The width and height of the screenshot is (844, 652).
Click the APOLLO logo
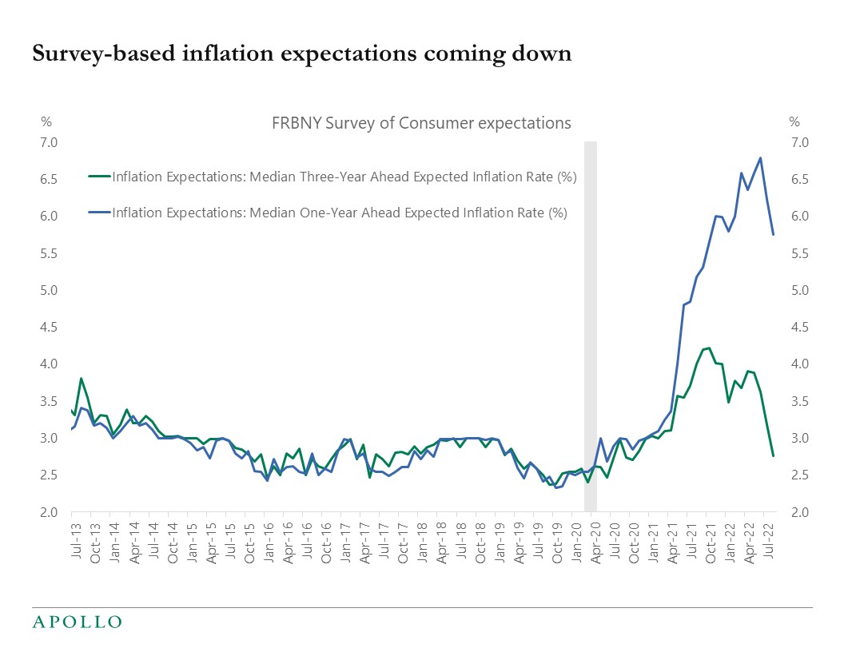[77, 621]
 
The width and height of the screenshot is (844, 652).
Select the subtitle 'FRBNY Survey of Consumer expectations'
[422, 123]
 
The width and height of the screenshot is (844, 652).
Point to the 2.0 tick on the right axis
[799, 512]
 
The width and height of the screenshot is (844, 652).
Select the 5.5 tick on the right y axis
[799, 254]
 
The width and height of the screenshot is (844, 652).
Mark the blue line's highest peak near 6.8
[760, 157]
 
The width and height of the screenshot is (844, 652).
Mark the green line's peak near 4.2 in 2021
[710, 348]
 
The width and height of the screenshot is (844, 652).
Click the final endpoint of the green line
[773, 455]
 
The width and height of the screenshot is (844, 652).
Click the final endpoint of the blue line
[773, 234]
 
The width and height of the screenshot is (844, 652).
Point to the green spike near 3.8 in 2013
[82, 378]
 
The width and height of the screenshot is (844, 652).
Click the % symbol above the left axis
[46, 122]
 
